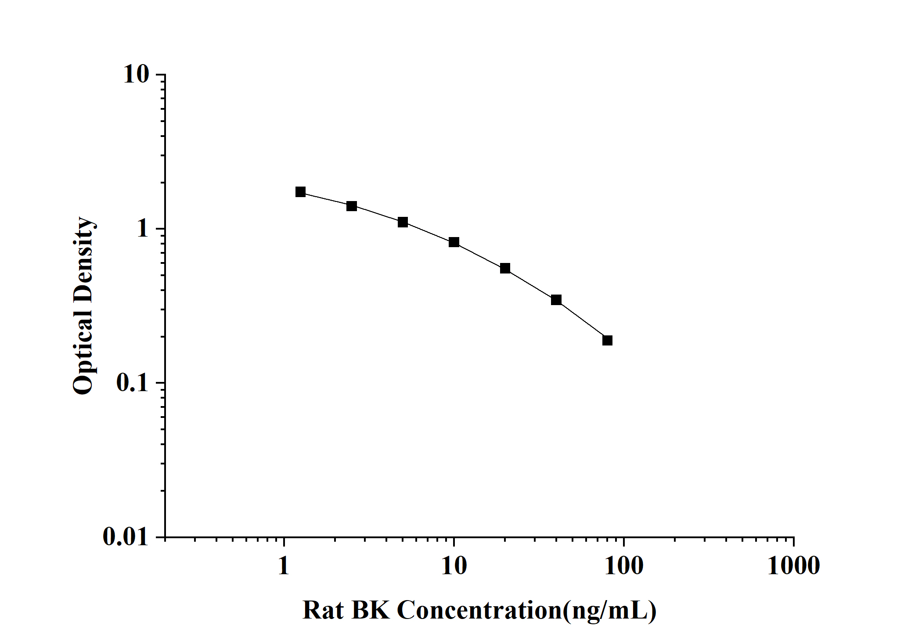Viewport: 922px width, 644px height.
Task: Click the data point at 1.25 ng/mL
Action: (x=300, y=192)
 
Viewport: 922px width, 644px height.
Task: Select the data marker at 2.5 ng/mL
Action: (x=352, y=206)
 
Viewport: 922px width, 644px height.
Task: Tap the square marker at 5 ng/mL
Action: (x=403, y=222)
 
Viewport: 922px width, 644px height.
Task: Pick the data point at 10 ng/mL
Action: (x=454, y=242)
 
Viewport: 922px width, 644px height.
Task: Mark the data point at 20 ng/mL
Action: (x=505, y=268)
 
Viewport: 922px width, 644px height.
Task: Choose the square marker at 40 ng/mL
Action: (x=556, y=300)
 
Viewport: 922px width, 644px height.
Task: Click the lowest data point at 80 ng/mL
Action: (x=607, y=340)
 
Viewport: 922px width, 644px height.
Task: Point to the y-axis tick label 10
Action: (x=137, y=75)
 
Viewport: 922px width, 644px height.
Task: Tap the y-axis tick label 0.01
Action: (x=126, y=536)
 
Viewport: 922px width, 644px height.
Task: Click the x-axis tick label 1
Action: (x=284, y=566)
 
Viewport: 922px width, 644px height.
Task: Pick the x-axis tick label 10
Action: (x=454, y=566)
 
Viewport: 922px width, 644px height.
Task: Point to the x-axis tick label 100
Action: (x=624, y=566)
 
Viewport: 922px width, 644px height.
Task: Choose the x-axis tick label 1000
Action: (x=793, y=566)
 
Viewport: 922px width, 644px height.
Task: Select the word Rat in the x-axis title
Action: (x=323, y=611)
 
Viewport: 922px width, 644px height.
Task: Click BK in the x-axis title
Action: (x=371, y=611)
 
